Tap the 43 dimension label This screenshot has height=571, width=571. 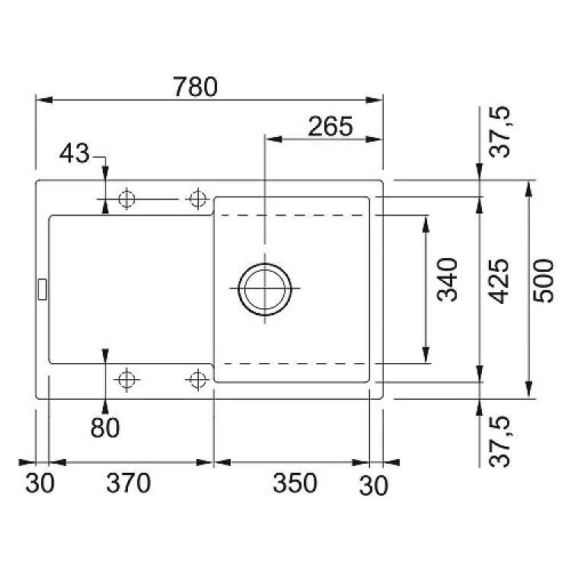pos(74,155)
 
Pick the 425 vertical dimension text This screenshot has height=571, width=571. pos(499,280)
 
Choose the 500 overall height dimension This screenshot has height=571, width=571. pos(543,280)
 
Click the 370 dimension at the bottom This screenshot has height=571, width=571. pos(127,483)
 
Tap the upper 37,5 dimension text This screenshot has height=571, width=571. pos(499,132)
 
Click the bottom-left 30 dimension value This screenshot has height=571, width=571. pos(40,483)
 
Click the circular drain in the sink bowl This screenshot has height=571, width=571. pos(264,289)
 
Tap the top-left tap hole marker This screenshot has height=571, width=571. pos(127,199)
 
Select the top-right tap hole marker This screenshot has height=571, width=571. pos(198,199)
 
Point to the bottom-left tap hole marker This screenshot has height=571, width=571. pos(127,378)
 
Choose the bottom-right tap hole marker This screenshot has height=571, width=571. pos(198,378)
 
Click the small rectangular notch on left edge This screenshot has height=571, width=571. pos(42,289)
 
